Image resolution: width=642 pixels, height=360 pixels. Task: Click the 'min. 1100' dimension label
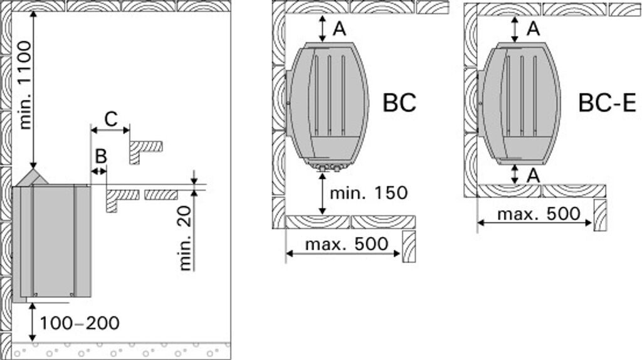(24, 85)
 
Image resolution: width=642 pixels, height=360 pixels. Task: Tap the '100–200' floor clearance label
(80, 323)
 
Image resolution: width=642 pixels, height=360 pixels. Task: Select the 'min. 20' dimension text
(186, 238)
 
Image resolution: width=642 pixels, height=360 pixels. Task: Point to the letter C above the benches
(111, 119)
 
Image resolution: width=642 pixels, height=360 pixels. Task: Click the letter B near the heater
(101, 156)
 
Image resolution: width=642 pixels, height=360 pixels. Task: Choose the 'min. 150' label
(369, 193)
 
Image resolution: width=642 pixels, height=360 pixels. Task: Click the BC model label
(399, 102)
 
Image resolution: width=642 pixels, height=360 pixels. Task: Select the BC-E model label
(607, 102)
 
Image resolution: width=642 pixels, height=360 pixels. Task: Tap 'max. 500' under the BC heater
(346, 244)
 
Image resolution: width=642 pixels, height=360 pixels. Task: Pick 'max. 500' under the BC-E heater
(539, 214)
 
